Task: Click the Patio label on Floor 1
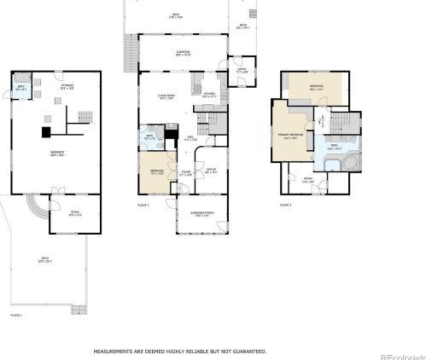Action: tap(44, 258)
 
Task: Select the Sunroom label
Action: tap(183, 52)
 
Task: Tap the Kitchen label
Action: tap(209, 96)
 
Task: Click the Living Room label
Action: tap(166, 96)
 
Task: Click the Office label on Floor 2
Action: tap(211, 171)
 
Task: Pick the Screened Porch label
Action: tap(201, 214)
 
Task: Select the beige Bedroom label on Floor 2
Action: tap(156, 172)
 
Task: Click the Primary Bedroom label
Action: tap(291, 136)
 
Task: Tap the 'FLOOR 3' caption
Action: tap(285, 206)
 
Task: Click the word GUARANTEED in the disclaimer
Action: tap(248, 351)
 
